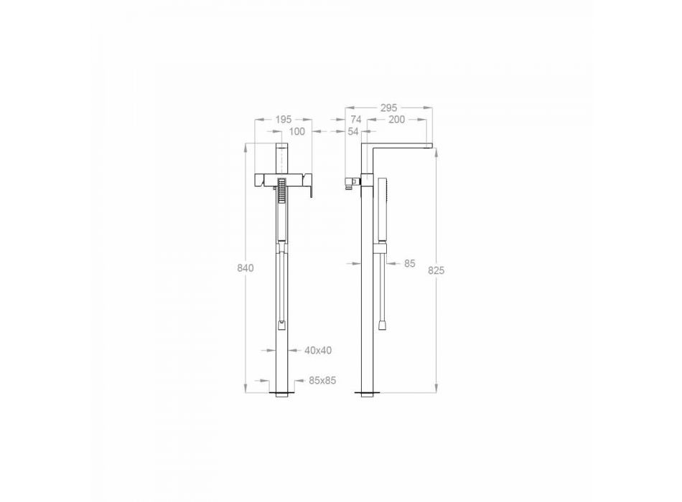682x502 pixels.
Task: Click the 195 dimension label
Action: click(x=284, y=119)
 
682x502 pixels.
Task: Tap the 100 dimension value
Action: click(x=297, y=131)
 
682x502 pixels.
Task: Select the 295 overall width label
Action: click(x=388, y=108)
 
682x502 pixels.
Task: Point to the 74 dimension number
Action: click(x=356, y=120)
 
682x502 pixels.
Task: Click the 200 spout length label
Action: click(x=396, y=120)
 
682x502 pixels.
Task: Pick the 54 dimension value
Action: click(x=353, y=131)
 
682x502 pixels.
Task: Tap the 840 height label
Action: click(x=246, y=268)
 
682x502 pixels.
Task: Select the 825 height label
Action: click(x=436, y=270)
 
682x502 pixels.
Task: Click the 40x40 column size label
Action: click(x=318, y=350)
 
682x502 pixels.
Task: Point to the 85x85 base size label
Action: click(x=322, y=381)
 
